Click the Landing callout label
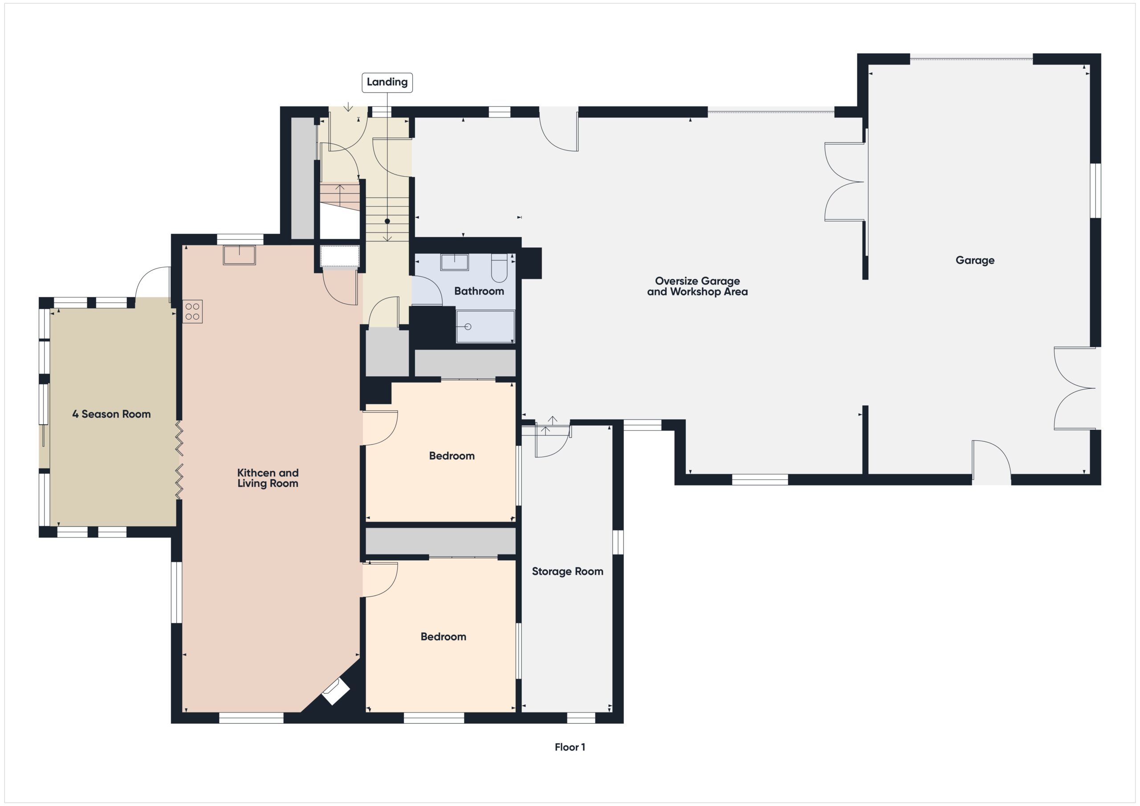coord(387,82)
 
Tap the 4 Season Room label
coord(111,414)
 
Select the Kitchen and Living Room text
coord(268,478)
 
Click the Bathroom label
coord(479,291)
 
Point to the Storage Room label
coord(567,571)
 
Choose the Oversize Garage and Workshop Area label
coord(696,286)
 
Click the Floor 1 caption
coord(570,747)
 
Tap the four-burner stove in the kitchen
coord(193,311)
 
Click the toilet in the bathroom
coord(498,268)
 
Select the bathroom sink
coord(454,262)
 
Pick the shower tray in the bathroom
coord(484,326)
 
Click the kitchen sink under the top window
coord(239,255)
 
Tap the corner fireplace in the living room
coord(336,692)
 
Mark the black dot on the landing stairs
coord(387,221)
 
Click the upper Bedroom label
coord(452,456)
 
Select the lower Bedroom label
coord(443,636)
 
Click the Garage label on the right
coord(975,260)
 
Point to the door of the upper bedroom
coord(381,427)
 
